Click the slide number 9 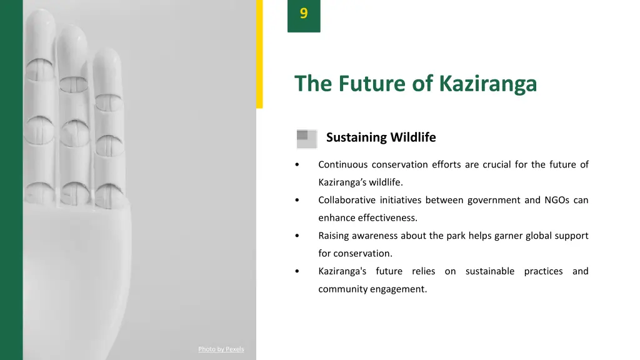click(304, 14)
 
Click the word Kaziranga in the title click(487, 83)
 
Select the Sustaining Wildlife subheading click(381, 137)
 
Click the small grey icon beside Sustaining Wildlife click(306, 138)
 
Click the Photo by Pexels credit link click(221, 349)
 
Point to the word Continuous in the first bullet click(342, 165)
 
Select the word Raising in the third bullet click(333, 236)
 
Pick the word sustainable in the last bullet click(490, 271)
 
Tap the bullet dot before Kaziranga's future click(297, 272)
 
